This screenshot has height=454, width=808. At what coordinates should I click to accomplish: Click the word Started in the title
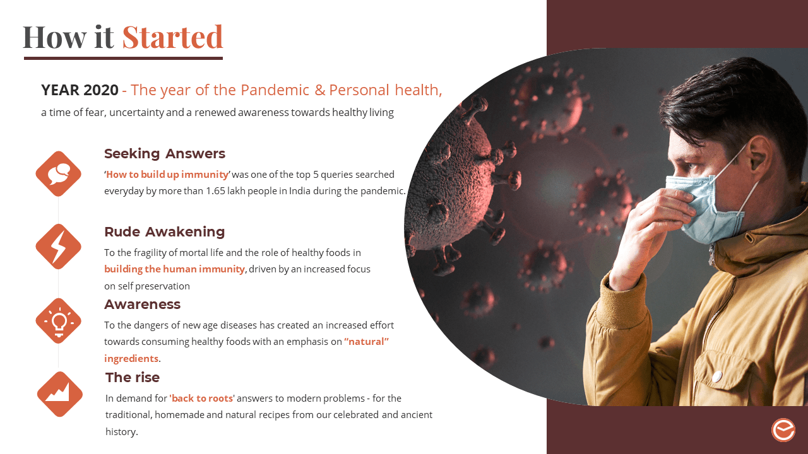(173, 37)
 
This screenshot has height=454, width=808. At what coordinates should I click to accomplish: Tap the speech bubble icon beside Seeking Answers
(59, 173)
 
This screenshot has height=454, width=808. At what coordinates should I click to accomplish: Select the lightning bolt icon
(59, 247)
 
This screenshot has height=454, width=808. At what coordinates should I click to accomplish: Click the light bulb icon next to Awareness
(59, 321)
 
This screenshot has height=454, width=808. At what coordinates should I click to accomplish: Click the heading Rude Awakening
(165, 231)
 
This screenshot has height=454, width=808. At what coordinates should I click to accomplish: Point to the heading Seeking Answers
(165, 154)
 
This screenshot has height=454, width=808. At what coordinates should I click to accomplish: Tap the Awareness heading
(143, 305)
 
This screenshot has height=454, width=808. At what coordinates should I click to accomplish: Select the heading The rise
(133, 378)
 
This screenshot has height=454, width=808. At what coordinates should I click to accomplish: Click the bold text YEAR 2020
(80, 90)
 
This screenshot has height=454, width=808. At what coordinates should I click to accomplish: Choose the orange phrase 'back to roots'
(202, 398)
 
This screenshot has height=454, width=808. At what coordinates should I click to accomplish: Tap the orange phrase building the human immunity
(175, 269)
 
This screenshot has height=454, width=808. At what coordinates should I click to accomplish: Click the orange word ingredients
(131, 359)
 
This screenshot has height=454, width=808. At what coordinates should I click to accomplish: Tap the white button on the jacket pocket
(716, 376)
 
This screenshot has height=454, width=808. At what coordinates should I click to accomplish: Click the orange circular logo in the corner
(783, 430)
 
